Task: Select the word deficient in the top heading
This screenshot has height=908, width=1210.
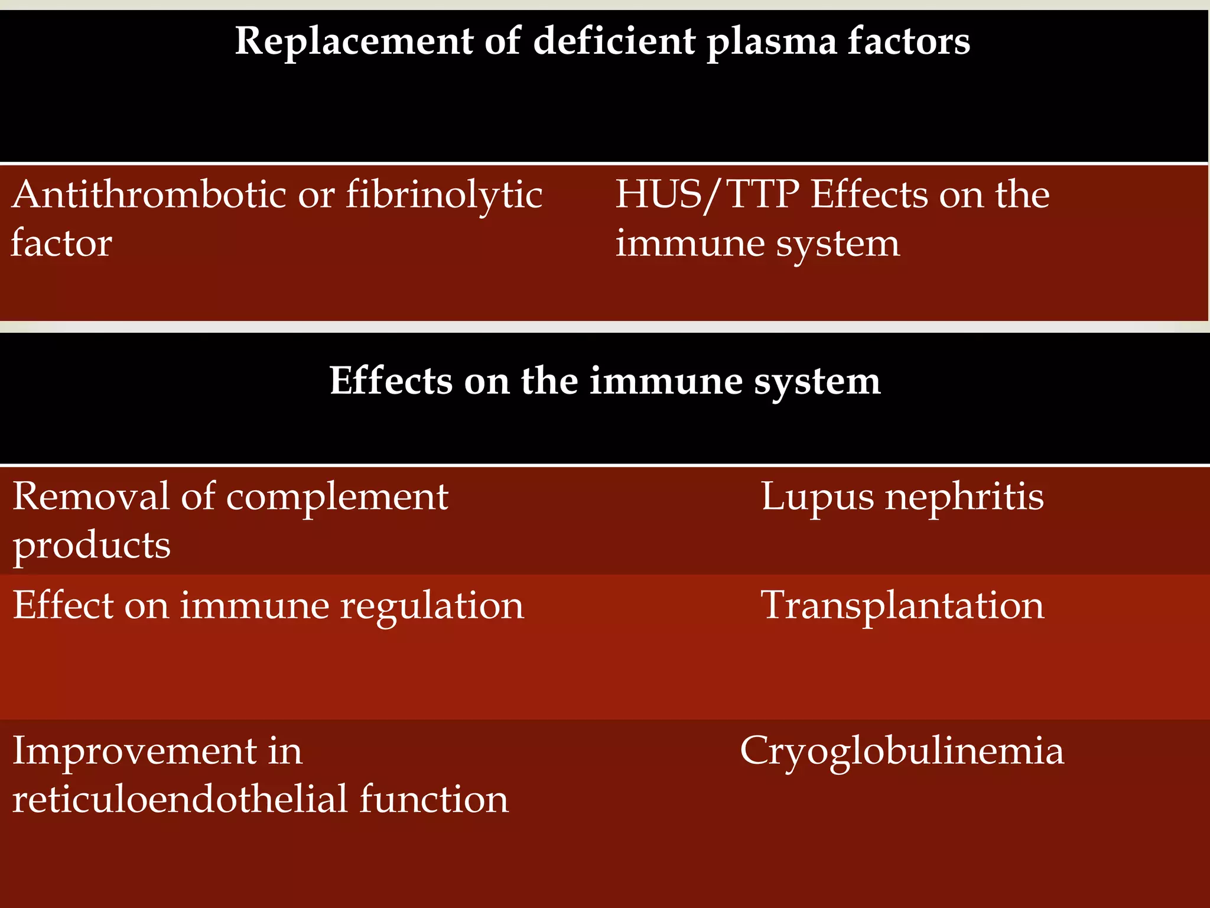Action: (x=614, y=41)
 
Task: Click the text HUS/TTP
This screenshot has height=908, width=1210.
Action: (x=707, y=194)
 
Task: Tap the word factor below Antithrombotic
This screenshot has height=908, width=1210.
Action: (x=61, y=244)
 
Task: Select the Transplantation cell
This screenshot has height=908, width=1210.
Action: (x=902, y=607)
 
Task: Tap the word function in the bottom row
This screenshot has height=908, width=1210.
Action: (x=434, y=800)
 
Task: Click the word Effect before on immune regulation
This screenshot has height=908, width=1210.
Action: (x=63, y=605)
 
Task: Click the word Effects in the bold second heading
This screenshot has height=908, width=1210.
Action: (x=391, y=381)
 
